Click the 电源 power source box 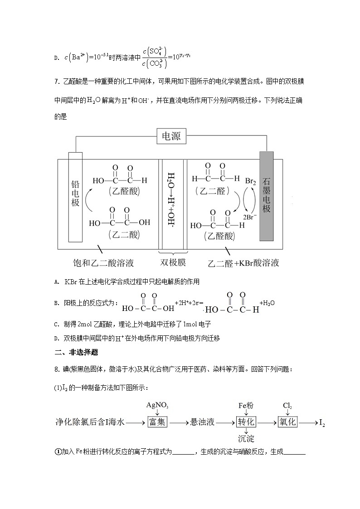pos(171,136)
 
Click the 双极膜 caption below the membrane pos(173,263)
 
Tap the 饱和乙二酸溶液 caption pos(103,263)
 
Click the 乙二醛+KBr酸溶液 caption pos(243,263)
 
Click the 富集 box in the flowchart pos(157,422)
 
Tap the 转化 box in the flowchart pos(246,422)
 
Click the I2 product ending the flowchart pos(322,423)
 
